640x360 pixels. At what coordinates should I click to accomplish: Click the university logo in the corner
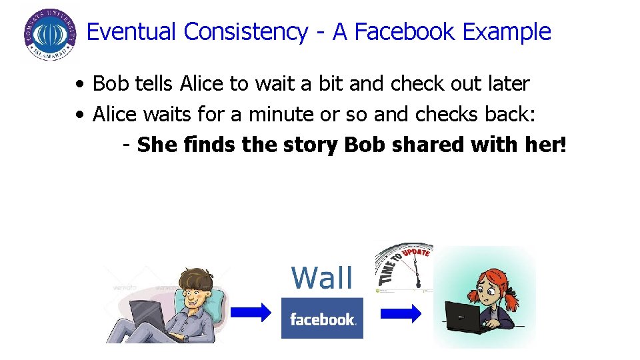(x=49, y=35)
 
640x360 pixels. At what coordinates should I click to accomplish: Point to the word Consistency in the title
(x=245, y=32)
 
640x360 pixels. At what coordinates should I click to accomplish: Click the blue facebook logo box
(x=322, y=319)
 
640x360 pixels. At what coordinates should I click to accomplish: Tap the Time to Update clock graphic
(x=404, y=267)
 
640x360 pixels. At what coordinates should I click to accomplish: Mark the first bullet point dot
(x=79, y=85)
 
